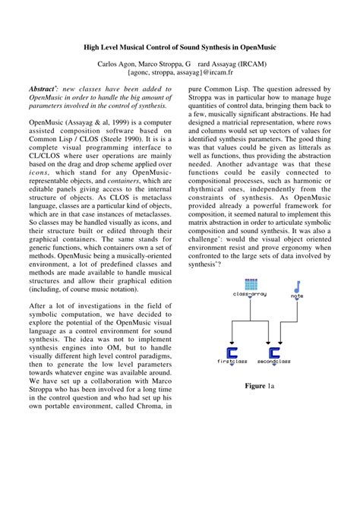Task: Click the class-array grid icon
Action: (252, 286)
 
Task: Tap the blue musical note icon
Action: (296, 286)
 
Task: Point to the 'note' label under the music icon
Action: (296, 296)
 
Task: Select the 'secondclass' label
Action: (274, 362)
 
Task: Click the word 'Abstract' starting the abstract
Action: (44, 89)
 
